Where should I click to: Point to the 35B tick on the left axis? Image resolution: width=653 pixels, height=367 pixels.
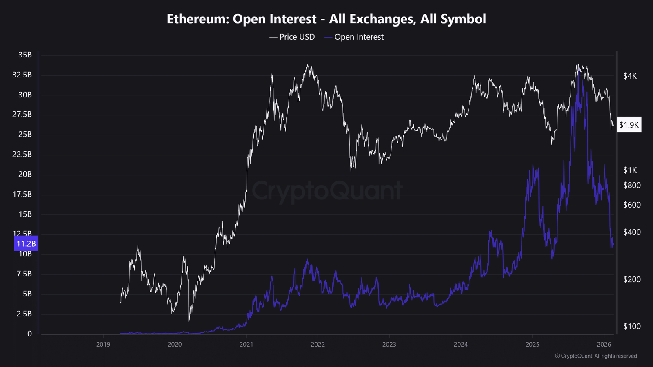point(25,55)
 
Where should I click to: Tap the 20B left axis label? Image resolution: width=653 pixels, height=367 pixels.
point(25,175)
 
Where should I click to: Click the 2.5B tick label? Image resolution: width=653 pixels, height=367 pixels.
point(24,314)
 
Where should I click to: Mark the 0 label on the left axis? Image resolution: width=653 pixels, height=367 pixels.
point(29,334)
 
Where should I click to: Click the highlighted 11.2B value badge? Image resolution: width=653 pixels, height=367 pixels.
point(26,244)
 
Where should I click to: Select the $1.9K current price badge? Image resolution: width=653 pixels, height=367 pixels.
point(629,125)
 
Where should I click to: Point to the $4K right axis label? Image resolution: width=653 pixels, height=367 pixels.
point(630,76)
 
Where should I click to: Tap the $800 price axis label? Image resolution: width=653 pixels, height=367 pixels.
point(632,186)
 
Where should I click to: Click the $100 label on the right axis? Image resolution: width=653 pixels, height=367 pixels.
point(632,327)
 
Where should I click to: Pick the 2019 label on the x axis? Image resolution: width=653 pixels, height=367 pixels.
point(103,345)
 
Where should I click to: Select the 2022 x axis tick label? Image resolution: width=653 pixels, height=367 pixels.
point(318,345)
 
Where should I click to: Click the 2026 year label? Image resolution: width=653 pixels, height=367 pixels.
point(604,345)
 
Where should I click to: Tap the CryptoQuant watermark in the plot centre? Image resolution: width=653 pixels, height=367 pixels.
point(327,191)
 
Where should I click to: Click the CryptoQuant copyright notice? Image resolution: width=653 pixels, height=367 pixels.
point(596,356)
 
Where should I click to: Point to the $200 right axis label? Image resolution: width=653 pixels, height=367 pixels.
point(632,280)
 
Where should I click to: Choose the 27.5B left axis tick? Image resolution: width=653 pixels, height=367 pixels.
point(22,115)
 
